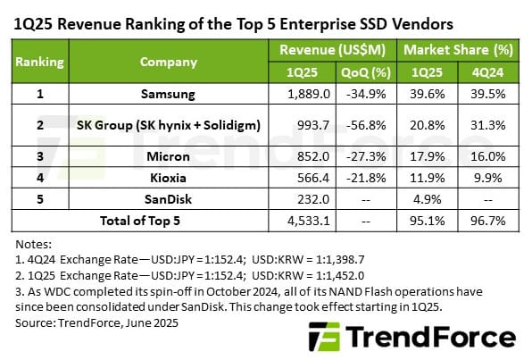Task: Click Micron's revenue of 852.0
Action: (x=305, y=156)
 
